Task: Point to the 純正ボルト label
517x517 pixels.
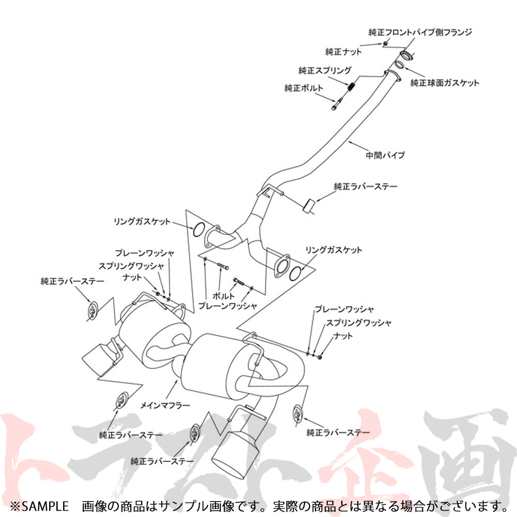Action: [x=303, y=88]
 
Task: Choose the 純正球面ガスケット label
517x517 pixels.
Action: [x=445, y=83]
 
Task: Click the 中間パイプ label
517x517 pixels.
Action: [x=385, y=154]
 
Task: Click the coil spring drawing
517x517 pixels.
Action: [x=352, y=88]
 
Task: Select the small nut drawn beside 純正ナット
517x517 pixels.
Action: [x=386, y=43]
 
